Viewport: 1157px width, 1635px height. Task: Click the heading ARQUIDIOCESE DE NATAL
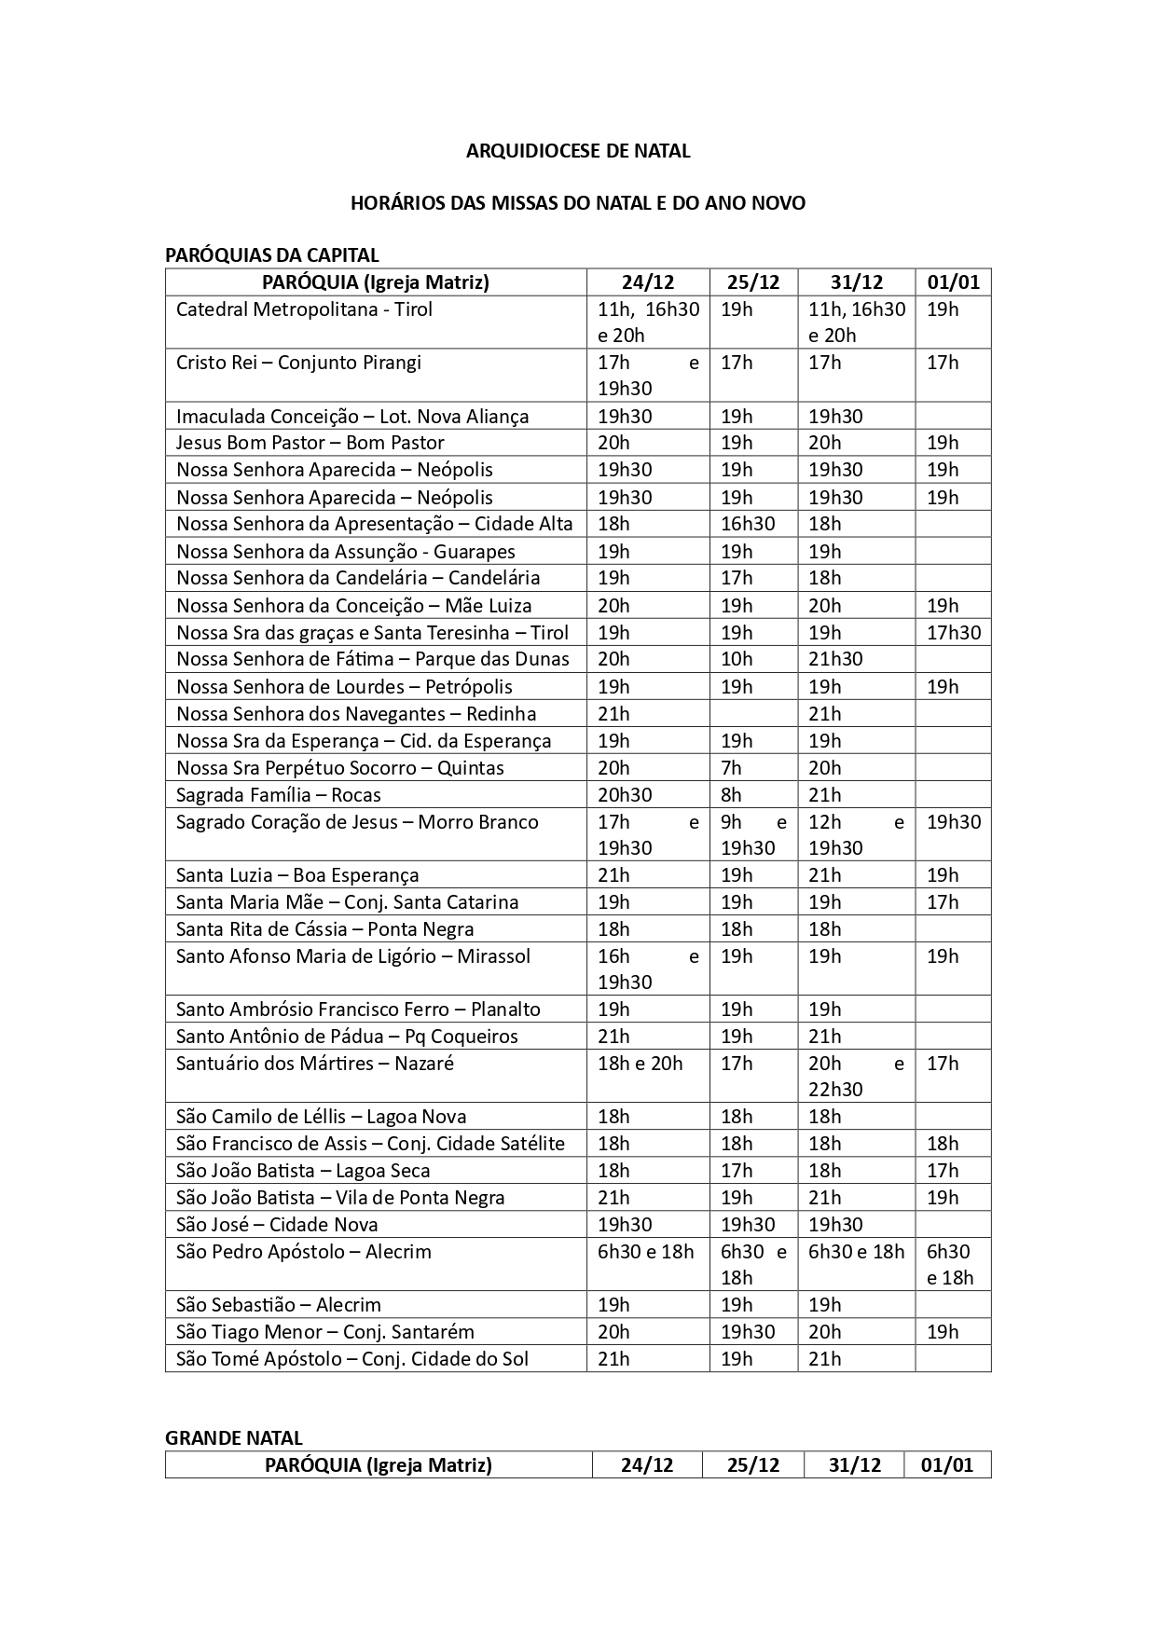click(578, 151)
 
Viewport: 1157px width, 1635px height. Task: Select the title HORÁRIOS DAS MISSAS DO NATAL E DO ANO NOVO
click(578, 202)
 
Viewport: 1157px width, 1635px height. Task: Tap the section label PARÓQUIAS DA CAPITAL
click(272, 255)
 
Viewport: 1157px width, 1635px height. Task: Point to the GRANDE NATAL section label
click(234, 1438)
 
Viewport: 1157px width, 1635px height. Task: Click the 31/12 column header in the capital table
click(856, 282)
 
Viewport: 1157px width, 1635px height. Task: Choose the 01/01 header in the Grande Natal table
click(947, 1464)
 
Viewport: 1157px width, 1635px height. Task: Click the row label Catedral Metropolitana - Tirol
click(304, 309)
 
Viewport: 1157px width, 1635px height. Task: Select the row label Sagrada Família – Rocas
click(279, 795)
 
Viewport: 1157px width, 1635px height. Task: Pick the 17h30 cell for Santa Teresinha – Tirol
click(954, 633)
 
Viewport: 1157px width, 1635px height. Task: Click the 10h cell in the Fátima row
click(737, 659)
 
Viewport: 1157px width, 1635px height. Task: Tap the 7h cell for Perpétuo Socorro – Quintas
click(731, 768)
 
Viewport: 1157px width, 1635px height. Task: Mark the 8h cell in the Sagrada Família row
click(731, 795)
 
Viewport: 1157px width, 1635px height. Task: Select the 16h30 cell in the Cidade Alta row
click(748, 524)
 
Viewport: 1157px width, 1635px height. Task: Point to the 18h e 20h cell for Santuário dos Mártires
click(640, 1064)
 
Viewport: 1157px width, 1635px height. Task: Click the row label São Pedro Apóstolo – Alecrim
click(304, 1252)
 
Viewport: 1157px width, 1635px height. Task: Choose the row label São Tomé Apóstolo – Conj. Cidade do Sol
click(352, 1359)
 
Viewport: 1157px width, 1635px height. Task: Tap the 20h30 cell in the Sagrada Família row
click(625, 795)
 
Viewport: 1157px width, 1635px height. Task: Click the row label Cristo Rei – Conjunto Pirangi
click(298, 363)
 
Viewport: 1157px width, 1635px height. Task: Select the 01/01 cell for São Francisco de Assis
click(943, 1144)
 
